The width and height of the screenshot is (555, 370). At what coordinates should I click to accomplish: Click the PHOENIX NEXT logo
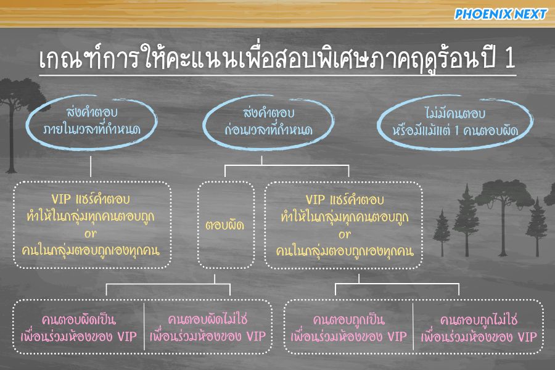(501, 14)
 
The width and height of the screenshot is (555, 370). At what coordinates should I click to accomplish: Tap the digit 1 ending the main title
(510, 58)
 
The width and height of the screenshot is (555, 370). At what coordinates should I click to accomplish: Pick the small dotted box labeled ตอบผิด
(198, 225)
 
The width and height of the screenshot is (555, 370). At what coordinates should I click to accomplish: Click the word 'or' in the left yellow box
(90, 234)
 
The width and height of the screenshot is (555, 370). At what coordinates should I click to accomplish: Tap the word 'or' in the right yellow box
(344, 234)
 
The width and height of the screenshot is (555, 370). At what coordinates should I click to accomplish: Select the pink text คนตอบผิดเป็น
(78, 319)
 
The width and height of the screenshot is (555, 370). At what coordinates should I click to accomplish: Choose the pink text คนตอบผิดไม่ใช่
(208, 319)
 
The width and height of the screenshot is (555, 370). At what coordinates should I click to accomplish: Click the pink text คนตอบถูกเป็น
(348, 320)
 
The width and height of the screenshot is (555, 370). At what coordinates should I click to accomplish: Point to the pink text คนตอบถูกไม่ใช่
(479, 320)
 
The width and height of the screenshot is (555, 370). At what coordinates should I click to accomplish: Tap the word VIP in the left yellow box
(61, 199)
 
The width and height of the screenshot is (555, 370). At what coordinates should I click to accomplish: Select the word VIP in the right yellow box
(315, 200)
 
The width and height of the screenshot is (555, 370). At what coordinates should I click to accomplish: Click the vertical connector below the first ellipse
(91, 166)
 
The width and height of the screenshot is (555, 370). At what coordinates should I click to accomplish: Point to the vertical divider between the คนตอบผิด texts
(144, 326)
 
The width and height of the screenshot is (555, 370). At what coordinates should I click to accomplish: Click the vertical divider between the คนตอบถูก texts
(413, 326)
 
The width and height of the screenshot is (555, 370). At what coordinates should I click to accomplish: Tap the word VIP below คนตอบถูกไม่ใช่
(527, 337)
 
